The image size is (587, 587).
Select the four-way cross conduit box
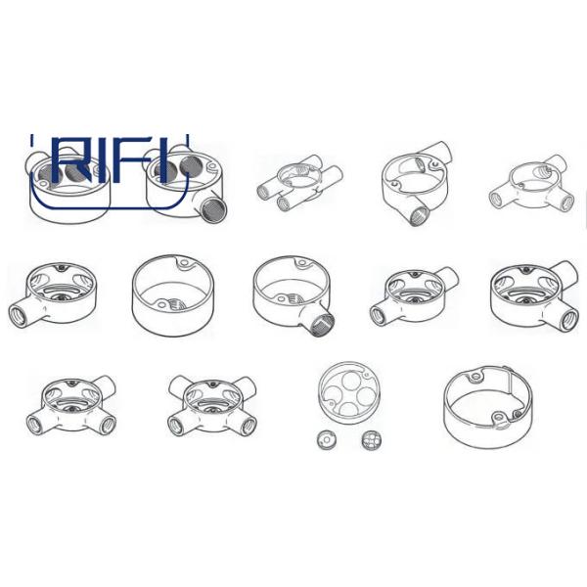click(212, 405)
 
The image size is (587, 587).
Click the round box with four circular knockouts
click(349, 392)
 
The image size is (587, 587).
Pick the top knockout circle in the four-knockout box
click(351, 380)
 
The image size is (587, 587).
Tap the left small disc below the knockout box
click(326, 440)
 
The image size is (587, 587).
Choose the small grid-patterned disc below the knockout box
click(372, 440)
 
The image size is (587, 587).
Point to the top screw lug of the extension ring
click(475, 376)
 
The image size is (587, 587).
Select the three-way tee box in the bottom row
click(71, 406)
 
